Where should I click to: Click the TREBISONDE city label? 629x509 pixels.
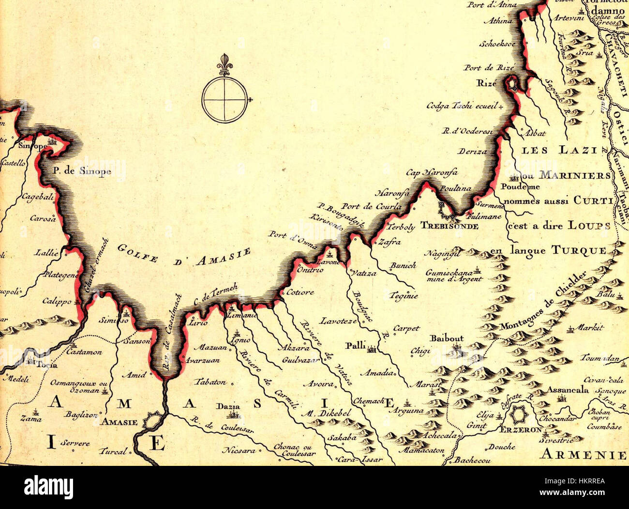tap(449, 226)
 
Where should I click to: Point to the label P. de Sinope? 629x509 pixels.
tap(82, 171)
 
